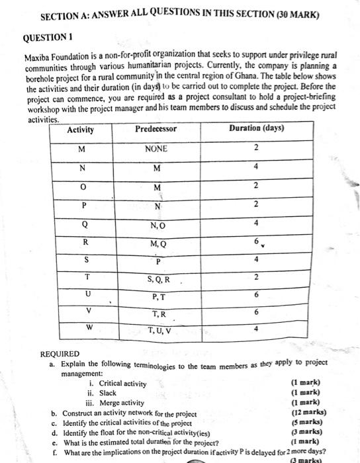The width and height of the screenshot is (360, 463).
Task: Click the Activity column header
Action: coord(81,130)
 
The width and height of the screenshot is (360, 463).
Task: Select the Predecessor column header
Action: coord(156,129)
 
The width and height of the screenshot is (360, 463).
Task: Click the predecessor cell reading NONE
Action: coord(156,149)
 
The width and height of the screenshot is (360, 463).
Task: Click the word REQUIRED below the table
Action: coord(60,354)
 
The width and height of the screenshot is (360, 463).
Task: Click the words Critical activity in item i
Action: coord(122,384)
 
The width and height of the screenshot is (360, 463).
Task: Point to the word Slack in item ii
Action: coord(108,393)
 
